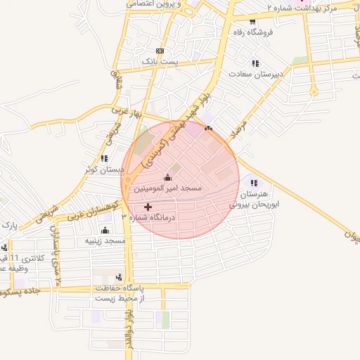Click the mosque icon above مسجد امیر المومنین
[167, 176]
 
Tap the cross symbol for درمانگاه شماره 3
[147, 207]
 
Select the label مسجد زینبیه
[105, 240]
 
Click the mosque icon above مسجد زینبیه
[105, 230]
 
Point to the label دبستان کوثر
[100, 169]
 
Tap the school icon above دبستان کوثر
[104, 159]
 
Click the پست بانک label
[160, 62]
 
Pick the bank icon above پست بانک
[160, 51]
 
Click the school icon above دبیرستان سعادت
[255, 63]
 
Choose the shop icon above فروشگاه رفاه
[252, 22]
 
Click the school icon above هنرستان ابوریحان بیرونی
[254, 183]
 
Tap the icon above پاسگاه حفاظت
[118, 277]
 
